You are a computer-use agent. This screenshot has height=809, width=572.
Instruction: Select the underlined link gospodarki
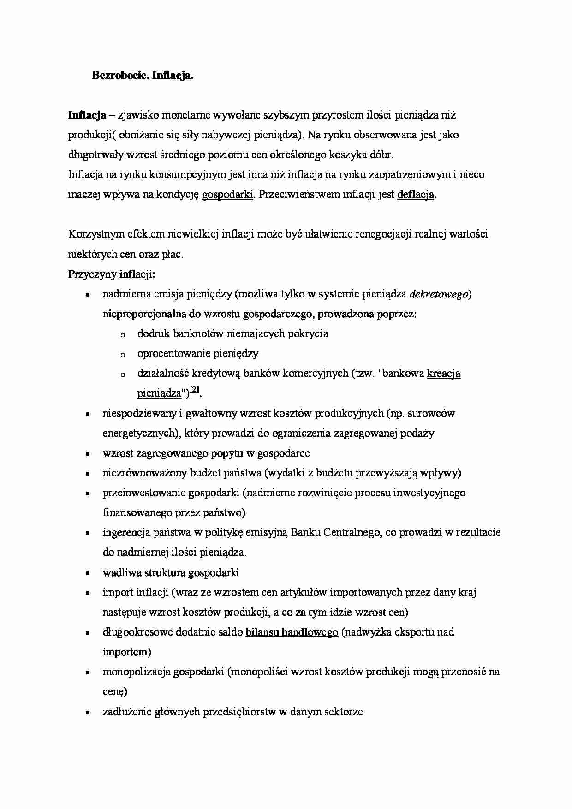point(227,195)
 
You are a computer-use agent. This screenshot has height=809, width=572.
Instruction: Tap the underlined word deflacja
point(416,195)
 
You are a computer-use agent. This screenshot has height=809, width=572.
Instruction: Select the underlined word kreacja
point(444,374)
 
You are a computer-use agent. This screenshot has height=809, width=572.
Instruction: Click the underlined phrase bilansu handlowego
point(292,632)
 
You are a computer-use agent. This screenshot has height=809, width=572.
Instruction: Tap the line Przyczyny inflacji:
point(112,274)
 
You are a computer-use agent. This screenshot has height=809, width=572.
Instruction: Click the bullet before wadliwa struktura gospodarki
point(87,574)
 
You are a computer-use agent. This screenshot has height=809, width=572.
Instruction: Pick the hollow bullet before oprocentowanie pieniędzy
point(123,355)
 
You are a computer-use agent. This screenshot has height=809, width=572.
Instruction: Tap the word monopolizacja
point(136,672)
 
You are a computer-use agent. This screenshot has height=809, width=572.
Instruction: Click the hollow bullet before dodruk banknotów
point(123,335)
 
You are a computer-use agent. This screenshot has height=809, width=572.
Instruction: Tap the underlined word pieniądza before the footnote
point(159,394)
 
